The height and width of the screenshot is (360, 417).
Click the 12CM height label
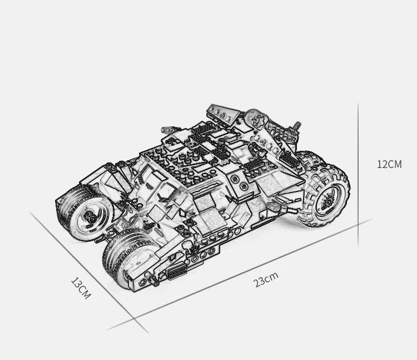click(x=389, y=164)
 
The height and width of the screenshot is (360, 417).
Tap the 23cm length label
click(x=266, y=279)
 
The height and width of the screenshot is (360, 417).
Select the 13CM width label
click(x=80, y=288)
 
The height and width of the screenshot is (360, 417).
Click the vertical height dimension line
click(x=358, y=172)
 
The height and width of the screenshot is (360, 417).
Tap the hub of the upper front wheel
click(x=88, y=215)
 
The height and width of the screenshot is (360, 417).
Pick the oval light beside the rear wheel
click(x=274, y=207)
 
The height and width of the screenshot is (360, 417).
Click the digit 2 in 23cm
click(x=257, y=283)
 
